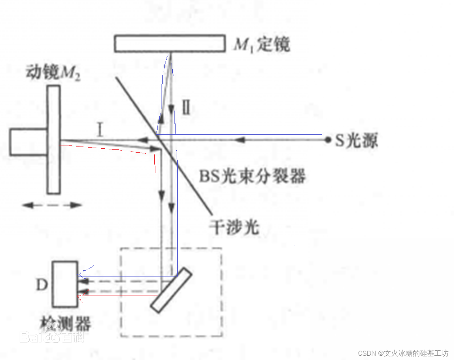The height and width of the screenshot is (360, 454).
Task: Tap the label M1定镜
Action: point(262,45)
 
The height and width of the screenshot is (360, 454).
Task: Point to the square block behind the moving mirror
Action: point(28,142)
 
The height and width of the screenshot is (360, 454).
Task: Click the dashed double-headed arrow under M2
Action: point(52,205)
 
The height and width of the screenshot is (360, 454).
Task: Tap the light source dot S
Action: point(327,140)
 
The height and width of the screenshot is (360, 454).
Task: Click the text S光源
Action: point(356,140)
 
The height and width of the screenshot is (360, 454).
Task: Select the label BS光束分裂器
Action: point(252,176)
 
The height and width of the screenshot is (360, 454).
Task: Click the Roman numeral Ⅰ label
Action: point(100,129)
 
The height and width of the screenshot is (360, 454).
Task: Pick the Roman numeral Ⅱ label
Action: point(186,107)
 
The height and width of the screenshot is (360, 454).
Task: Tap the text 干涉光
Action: point(234,227)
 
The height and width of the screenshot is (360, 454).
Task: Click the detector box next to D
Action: point(65,284)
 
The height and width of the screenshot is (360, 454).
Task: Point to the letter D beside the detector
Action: point(42,285)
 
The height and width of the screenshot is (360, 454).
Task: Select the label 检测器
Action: point(65,323)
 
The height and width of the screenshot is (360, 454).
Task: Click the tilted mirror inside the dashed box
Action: point(171,290)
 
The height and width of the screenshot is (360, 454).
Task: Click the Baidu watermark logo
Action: point(52,337)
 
